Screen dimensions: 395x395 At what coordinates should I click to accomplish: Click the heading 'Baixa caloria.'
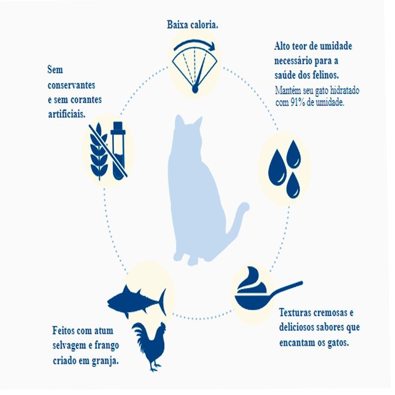click(192, 25)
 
